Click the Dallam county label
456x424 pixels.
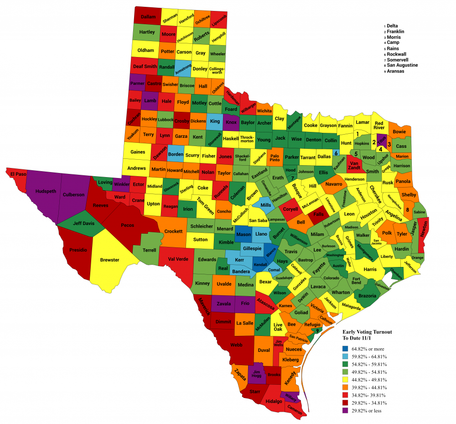(148, 16)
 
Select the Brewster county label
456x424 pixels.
(109, 260)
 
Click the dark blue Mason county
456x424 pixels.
(244, 235)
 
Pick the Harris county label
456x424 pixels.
(370, 270)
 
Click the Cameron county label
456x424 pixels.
(295, 411)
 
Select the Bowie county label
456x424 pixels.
(399, 131)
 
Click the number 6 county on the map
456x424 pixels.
(336, 153)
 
